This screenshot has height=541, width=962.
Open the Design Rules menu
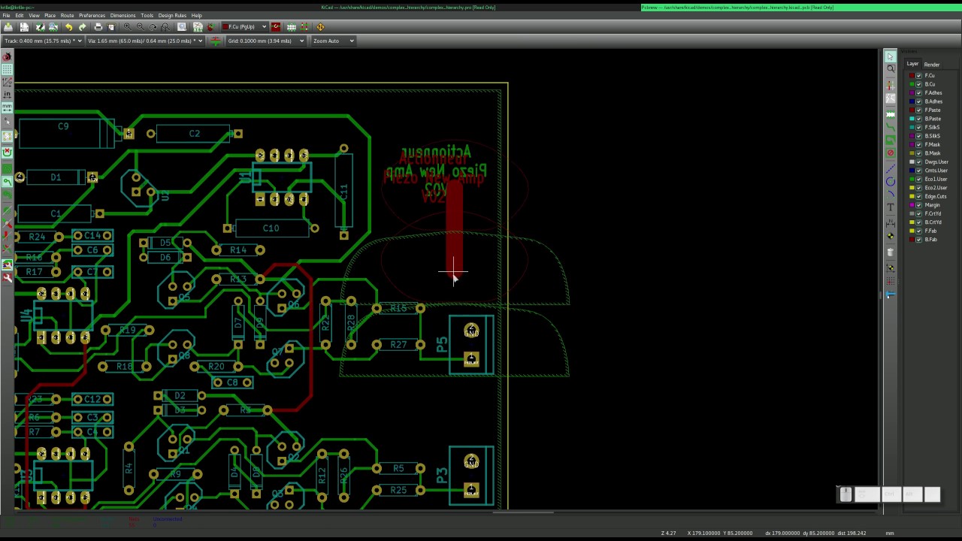[172, 15]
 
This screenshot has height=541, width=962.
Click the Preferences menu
[92, 15]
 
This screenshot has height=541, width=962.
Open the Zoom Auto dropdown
[332, 41]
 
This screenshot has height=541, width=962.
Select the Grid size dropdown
[265, 41]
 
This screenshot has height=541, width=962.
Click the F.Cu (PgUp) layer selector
[244, 27]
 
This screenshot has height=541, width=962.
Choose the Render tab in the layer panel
[932, 65]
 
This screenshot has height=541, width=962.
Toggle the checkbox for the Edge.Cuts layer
[918, 196]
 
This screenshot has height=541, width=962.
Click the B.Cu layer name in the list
[930, 84]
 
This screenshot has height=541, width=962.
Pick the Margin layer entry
[932, 205]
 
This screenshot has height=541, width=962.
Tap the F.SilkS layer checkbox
[918, 127]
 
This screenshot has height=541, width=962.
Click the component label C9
[63, 126]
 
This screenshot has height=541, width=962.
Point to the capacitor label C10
[271, 228]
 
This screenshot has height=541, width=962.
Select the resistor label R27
[398, 344]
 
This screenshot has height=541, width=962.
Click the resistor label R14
[238, 249]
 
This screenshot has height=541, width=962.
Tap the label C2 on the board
[195, 134]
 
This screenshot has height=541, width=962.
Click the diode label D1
[56, 177]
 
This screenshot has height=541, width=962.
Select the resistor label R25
[398, 490]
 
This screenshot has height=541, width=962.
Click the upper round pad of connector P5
[471, 330]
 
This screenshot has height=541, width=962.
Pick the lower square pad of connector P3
[471, 491]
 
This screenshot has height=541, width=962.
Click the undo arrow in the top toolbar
[68, 27]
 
